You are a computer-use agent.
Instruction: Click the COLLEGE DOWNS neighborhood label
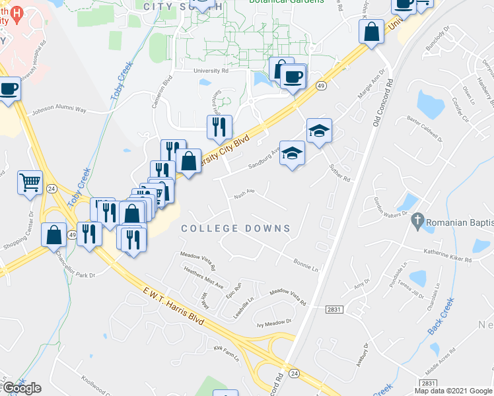[x=235, y=228]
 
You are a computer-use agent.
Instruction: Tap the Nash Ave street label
[x=244, y=195]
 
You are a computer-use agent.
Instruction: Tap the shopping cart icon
[x=30, y=182]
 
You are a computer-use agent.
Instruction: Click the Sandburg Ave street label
[x=264, y=157]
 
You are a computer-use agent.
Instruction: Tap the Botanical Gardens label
[x=287, y=2]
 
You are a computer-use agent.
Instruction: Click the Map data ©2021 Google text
[x=453, y=390]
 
